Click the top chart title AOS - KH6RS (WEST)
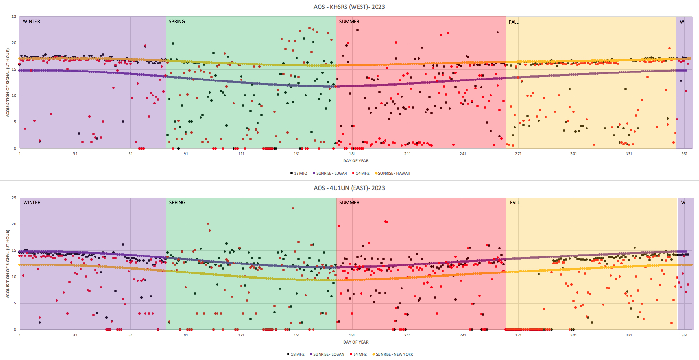[x=349, y=7]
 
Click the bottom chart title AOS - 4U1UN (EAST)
[x=349, y=188]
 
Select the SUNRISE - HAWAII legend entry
[x=394, y=173]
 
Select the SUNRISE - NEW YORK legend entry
[x=395, y=354]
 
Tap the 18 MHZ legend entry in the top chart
[x=299, y=173]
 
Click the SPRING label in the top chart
[x=177, y=22]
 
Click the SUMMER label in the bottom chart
[x=349, y=203]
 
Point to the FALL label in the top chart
[x=514, y=22]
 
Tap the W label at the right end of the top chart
[x=682, y=22]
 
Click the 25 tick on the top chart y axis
[x=14, y=17]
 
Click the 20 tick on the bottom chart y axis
[x=14, y=224]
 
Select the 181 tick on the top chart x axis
[x=352, y=154]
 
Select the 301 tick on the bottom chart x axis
[x=573, y=335]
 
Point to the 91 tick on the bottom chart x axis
[x=186, y=335]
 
